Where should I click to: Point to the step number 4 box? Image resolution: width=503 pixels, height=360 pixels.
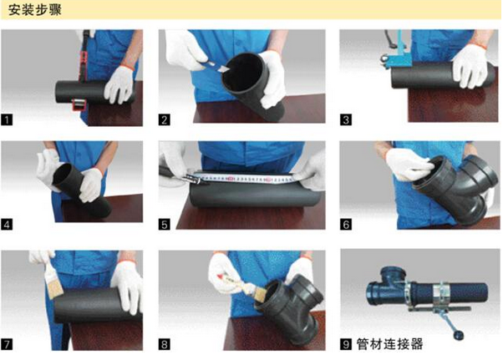tap(8, 225)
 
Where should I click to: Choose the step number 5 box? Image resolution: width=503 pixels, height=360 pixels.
tap(165, 225)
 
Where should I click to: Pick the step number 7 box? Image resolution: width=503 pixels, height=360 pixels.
tap(8, 342)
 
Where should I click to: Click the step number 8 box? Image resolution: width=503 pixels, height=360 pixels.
tap(165, 342)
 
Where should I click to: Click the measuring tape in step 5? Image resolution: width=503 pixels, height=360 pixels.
tap(242, 177)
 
